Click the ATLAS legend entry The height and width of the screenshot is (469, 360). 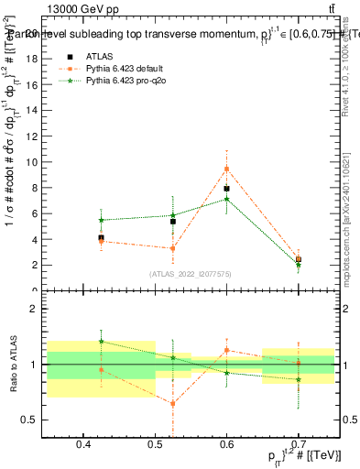tap(98, 57)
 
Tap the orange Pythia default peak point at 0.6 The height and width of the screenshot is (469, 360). tap(226, 169)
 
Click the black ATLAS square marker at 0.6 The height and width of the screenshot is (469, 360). tap(226, 189)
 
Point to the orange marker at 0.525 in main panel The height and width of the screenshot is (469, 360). tap(172, 248)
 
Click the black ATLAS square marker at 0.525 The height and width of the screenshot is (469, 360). tap(172, 221)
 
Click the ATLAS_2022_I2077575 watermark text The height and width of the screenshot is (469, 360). tap(191, 273)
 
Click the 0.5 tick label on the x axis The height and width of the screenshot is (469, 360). tap(154, 445)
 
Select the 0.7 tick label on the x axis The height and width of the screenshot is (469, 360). tap(298, 445)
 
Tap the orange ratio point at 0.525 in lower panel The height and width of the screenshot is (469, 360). tap(172, 403)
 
